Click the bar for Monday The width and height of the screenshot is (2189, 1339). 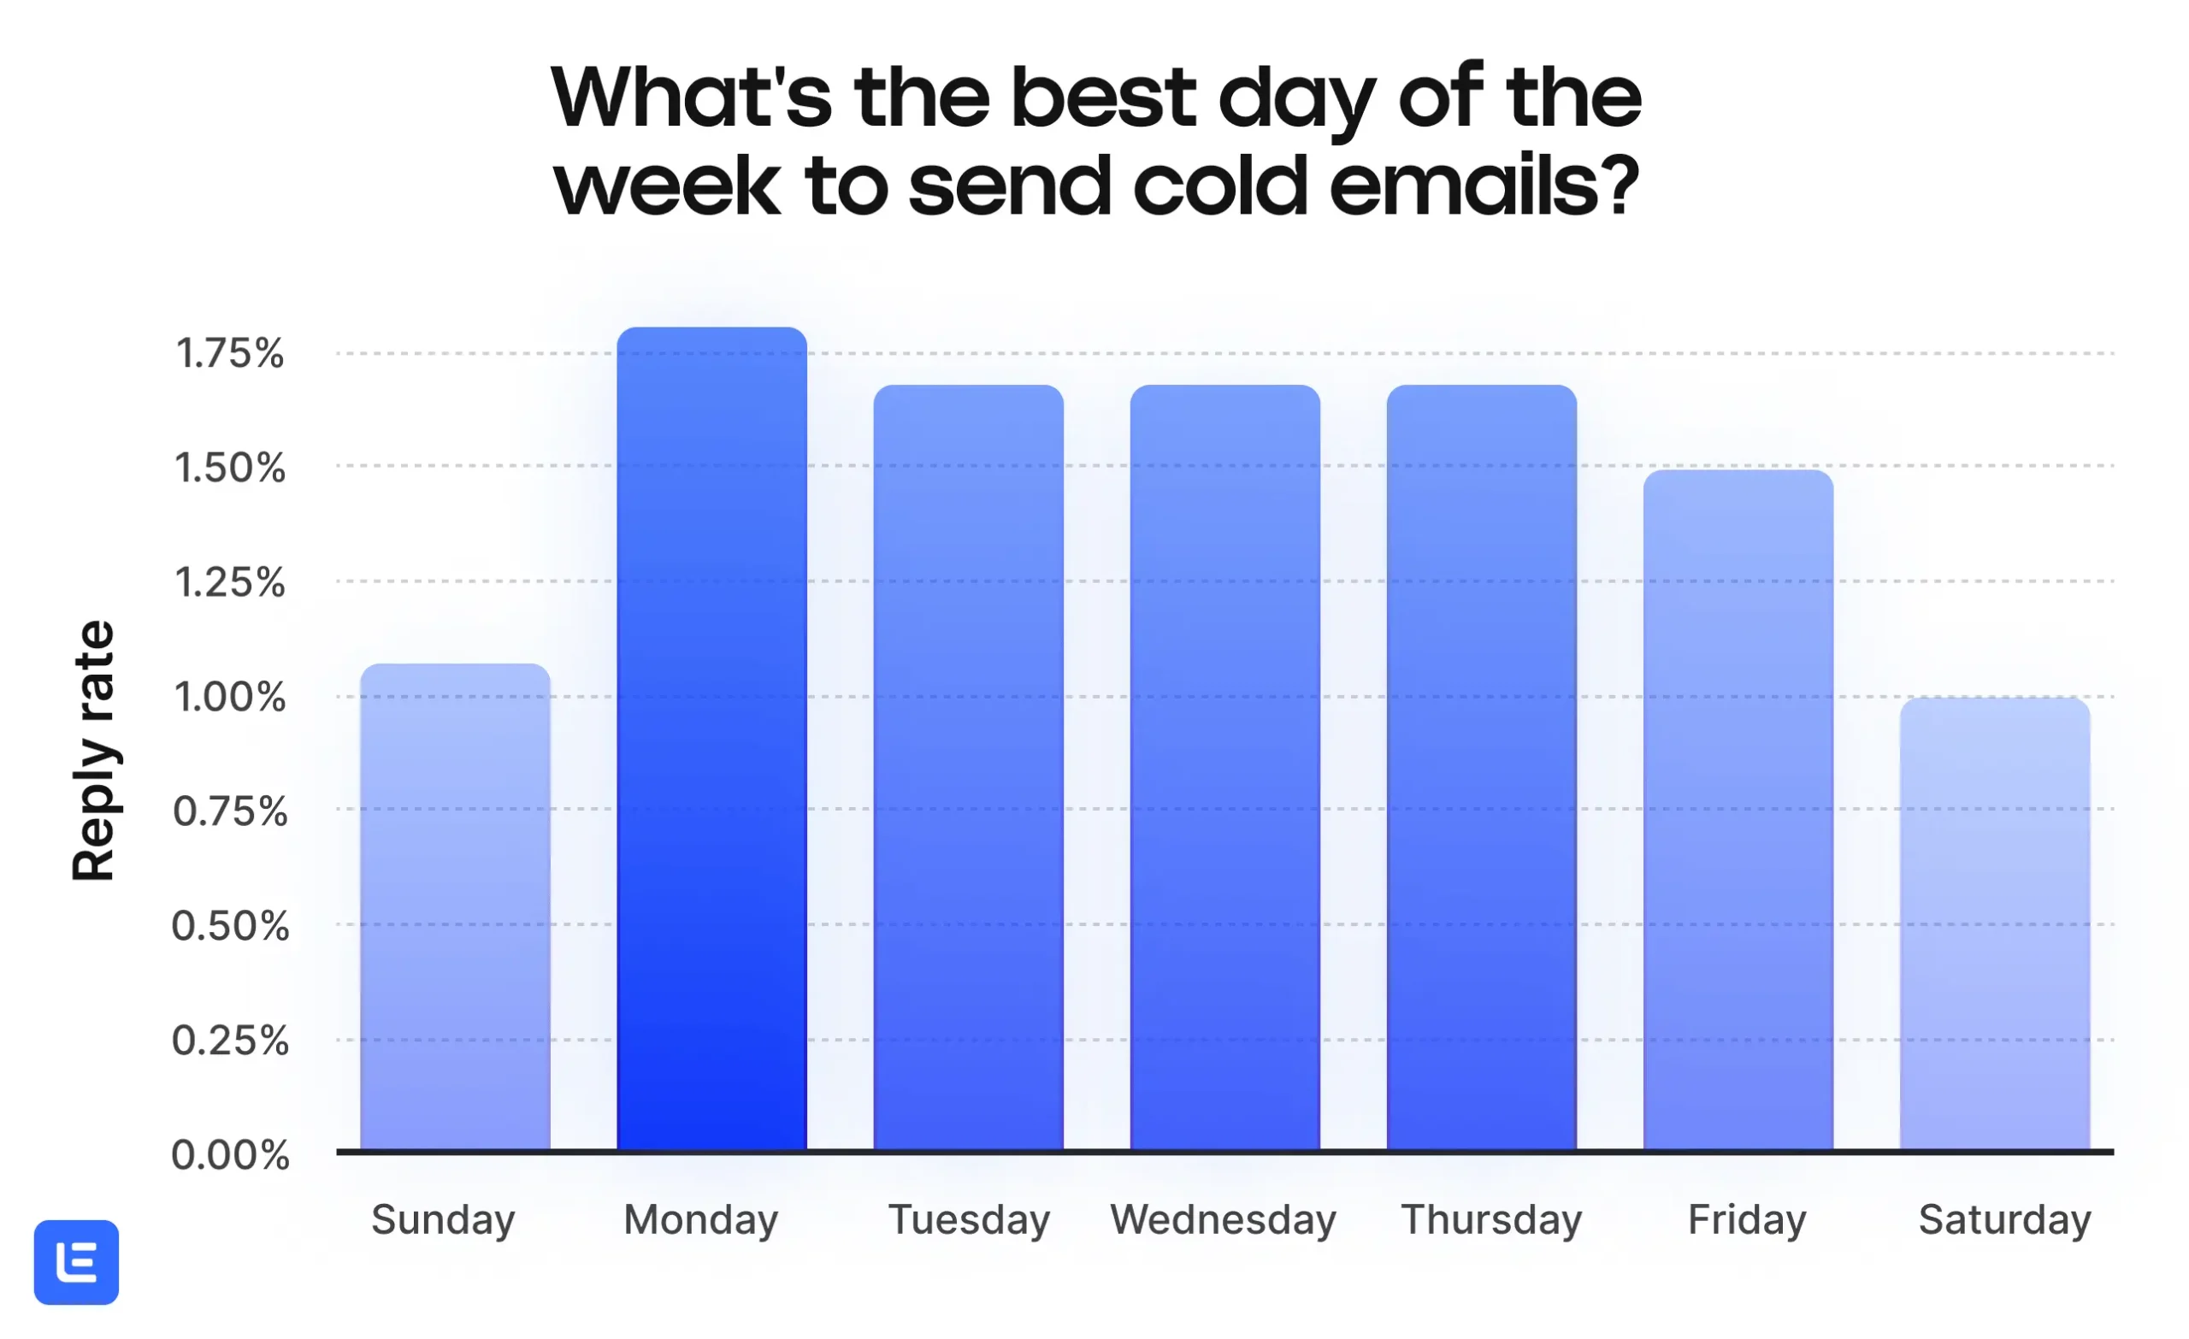tap(711, 739)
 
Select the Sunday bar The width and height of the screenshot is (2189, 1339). tap(455, 907)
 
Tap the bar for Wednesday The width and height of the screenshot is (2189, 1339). tap(1225, 768)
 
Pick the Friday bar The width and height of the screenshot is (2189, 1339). tap(1738, 811)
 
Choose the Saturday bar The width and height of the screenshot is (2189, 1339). tap(1996, 924)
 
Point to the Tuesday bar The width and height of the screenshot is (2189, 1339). tap(968, 768)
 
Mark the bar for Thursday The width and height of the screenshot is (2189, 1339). tap(1482, 768)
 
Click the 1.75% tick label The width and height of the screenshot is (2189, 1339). tap(230, 354)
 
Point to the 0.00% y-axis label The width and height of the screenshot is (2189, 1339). tap(230, 1155)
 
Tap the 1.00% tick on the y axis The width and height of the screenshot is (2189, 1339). tap(230, 697)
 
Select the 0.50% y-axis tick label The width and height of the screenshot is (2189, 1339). tap(230, 926)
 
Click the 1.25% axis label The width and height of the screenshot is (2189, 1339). tap(230, 583)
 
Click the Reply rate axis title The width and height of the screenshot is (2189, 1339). tap(94, 751)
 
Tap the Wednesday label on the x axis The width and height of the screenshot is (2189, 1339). tap(1224, 1219)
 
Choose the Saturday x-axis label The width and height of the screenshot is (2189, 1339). tap(2005, 1220)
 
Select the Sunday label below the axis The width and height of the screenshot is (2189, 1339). tap(443, 1220)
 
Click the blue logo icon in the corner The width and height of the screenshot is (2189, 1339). tap(76, 1263)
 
